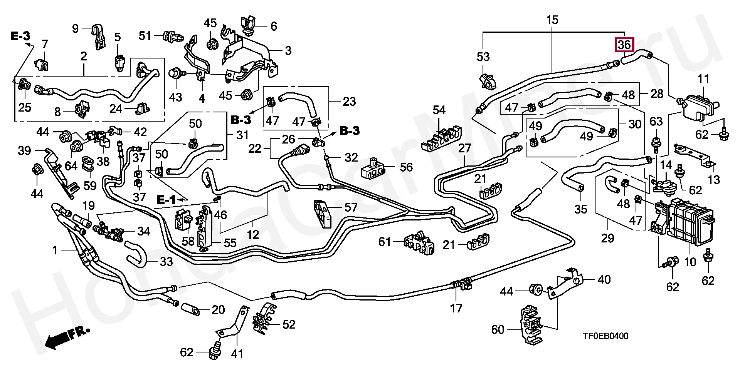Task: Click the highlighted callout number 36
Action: click(624, 45)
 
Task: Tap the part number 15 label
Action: click(552, 20)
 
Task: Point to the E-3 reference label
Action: click(20, 36)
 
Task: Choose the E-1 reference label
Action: click(166, 199)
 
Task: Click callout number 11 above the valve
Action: click(704, 80)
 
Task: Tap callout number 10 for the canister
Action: click(690, 262)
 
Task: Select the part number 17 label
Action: click(456, 308)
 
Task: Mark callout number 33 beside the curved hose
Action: click(166, 262)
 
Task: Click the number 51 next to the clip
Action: click(145, 36)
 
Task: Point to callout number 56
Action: click(406, 167)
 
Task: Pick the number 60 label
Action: click(498, 330)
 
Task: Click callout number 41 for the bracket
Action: click(237, 353)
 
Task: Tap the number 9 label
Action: click(75, 28)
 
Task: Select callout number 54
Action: click(439, 110)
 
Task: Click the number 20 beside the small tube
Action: click(218, 310)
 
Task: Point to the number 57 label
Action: click(351, 208)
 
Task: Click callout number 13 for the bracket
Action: click(714, 180)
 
